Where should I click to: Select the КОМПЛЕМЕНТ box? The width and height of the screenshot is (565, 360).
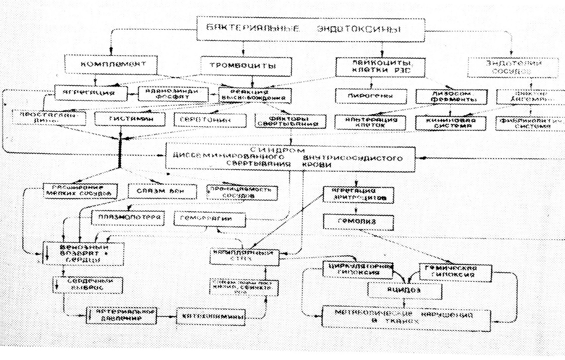(x=108, y=65)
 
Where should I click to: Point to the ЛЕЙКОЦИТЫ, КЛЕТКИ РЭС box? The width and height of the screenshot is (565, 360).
(x=380, y=67)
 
